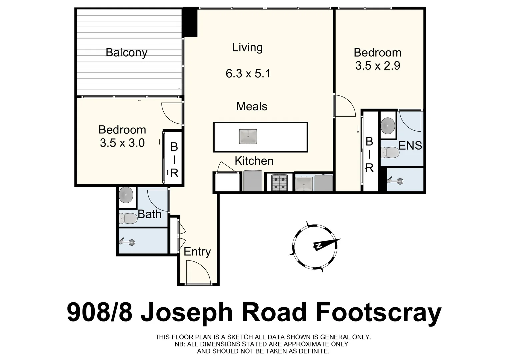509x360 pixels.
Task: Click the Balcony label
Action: [126, 53]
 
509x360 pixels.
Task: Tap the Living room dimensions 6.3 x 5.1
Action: [248, 73]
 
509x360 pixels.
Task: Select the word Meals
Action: [252, 106]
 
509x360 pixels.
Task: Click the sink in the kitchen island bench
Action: [248, 137]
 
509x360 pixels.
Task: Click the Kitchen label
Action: [254, 161]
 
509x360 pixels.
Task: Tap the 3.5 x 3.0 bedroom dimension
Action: [122, 143]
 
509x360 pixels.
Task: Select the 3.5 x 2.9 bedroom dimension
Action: [377, 66]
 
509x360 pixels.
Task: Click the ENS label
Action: [410, 146]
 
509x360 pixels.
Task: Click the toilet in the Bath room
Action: [128, 218]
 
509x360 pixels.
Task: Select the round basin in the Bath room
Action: [126, 195]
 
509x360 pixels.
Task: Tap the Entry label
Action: [197, 252]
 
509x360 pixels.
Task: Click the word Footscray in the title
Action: [378, 313]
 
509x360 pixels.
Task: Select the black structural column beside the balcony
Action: [190, 22]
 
